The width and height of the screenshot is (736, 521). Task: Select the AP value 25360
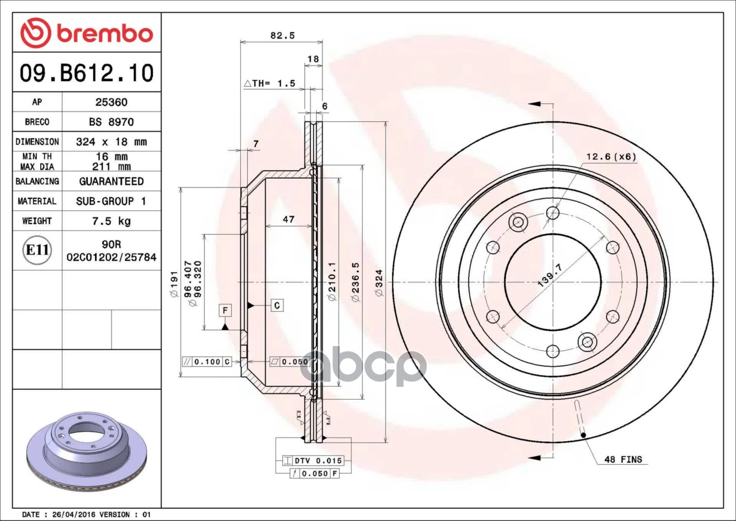(112, 102)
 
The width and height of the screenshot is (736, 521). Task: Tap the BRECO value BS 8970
(112, 122)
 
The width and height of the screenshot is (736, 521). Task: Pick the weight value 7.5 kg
(112, 221)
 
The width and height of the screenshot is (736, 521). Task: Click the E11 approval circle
(37, 250)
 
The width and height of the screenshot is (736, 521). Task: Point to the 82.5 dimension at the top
(282, 35)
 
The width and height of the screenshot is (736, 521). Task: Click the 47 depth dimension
(289, 219)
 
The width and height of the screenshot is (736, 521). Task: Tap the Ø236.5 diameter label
(355, 282)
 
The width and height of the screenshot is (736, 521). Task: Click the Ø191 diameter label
(174, 285)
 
